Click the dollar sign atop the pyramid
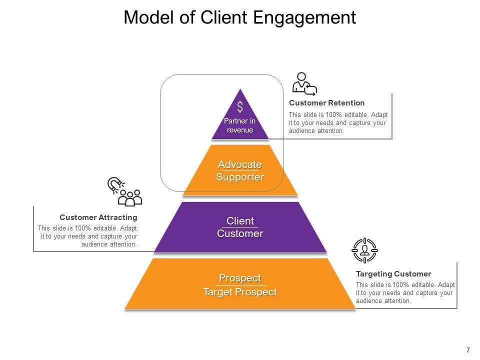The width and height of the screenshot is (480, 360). click(x=240, y=106)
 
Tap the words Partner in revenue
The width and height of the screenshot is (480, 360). click(x=240, y=125)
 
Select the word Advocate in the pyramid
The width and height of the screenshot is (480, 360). click(x=240, y=164)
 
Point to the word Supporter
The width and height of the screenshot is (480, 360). click(x=240, y=177)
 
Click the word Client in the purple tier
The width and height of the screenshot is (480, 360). click(x=240, y=221)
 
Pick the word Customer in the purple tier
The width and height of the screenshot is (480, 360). click(x=240, y=233)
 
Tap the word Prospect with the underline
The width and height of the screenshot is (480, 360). click(x=240, y=278)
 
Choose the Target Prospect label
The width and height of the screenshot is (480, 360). click(x=240, y=292)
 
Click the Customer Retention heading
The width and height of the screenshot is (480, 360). click(x=326, y=103)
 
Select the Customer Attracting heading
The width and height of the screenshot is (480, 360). click(x=98, y=217)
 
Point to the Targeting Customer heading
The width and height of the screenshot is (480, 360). click(x=393, y=274)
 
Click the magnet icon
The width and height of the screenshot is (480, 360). click(x=115, y=185)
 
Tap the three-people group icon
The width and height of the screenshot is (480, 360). click(x=130, y=198)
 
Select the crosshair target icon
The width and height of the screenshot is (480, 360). click(x=365, y=250)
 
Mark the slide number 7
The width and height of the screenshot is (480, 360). click(x=468, y=349)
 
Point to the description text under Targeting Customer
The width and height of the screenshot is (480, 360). click(x=405, y=292)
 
